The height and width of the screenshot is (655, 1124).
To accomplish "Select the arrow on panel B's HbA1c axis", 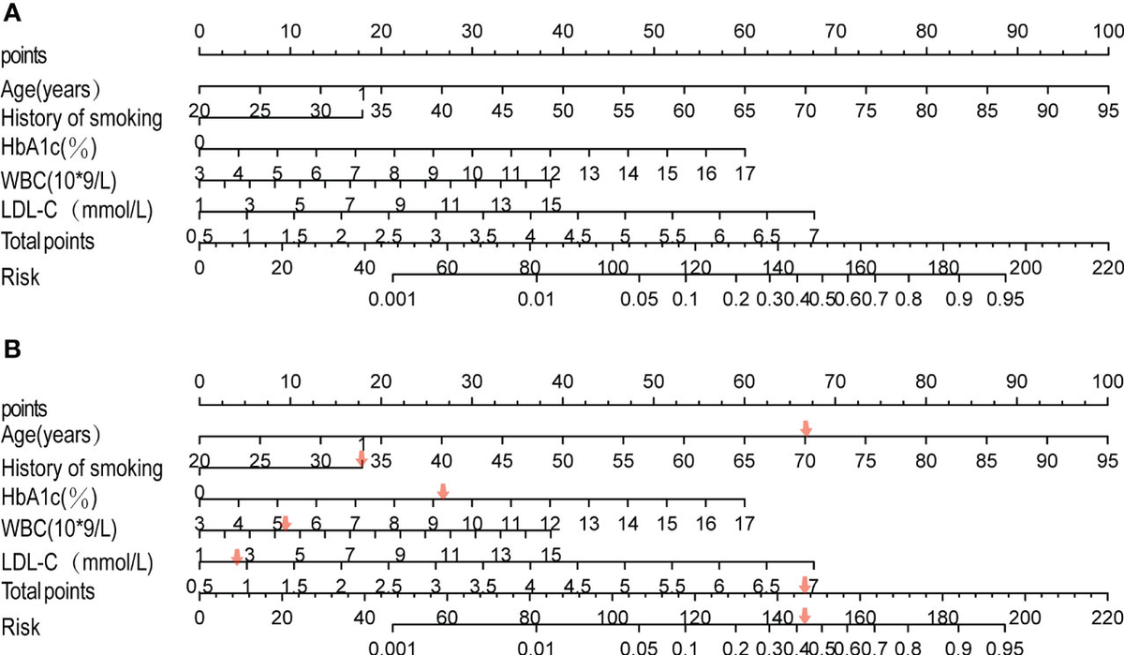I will coord(443,490).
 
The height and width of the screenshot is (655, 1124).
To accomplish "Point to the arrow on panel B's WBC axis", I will coord(285,522).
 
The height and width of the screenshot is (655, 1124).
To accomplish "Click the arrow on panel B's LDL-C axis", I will coord(237,556).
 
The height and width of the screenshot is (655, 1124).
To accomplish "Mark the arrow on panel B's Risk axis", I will coord(803,616).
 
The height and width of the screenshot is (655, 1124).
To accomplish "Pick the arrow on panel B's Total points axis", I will coord(803,585).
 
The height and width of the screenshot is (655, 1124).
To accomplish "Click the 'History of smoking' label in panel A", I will coord(81,118).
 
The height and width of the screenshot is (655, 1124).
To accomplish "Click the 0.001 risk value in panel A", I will coord(392,300).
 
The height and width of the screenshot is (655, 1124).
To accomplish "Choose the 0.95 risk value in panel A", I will coord(1004,300).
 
